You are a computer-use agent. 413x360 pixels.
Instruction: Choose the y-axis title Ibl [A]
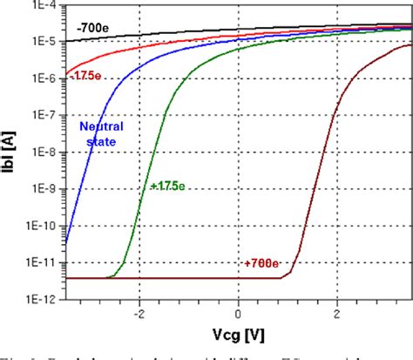pos(11,150)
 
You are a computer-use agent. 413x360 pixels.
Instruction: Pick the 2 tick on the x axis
pos(338,311)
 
